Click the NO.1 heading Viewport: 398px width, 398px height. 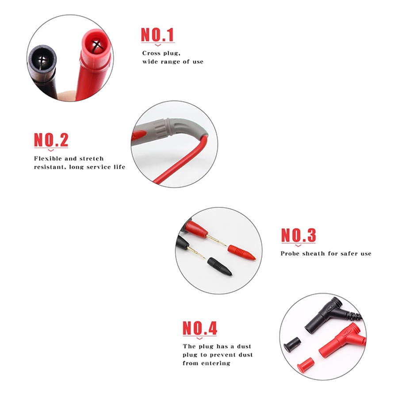(x=157, y=34)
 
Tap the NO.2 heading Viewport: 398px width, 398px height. (x=51, y=140)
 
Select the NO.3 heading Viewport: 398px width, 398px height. (x=298, y=235)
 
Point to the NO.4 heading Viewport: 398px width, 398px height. (x=200, y=328)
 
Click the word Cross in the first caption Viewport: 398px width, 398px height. (x=151, y=54)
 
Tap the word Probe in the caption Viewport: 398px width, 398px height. (x=290, y=253)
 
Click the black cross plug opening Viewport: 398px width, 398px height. (x=42, y=60)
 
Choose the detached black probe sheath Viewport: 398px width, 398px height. (x=219, y=267)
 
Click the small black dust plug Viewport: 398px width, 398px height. (x=292, y=343)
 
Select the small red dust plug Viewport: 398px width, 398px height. (x=305, y=363)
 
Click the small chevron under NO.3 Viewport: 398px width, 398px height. (x=298, y=246)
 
